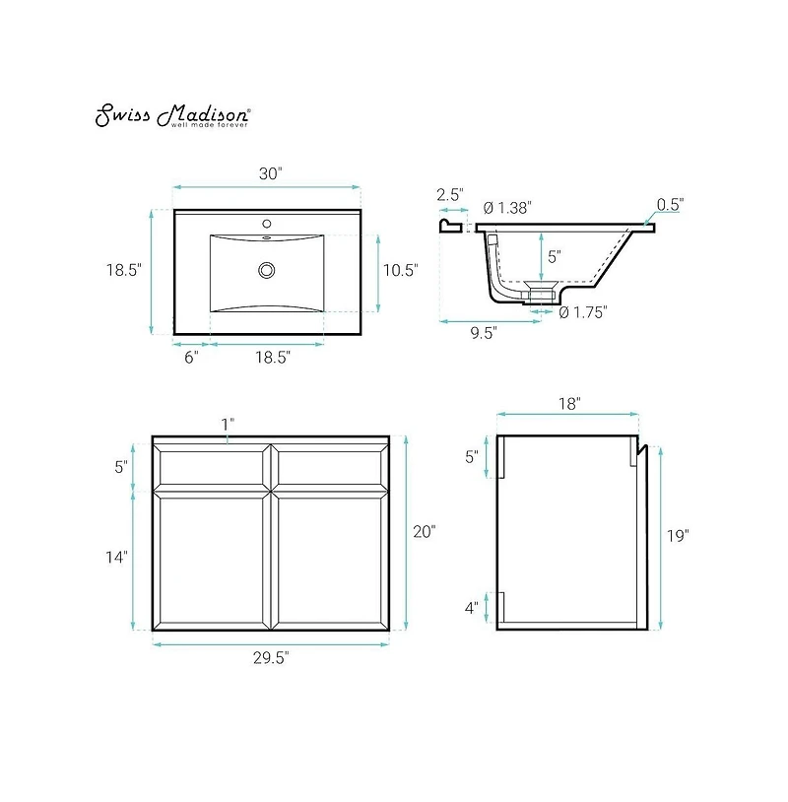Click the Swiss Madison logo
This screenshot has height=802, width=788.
coord(172,115)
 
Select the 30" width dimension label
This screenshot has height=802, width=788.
coord(270,173)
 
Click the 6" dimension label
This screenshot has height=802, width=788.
coord(191,358)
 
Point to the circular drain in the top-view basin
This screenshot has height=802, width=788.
coord(266,270)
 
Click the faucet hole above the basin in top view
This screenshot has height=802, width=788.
coord(266,224)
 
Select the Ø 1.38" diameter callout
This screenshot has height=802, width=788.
coord(507,208)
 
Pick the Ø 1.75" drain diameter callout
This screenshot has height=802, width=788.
coord(582,312)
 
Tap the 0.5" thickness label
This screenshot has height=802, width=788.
coord(670,205)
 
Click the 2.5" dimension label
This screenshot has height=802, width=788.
coord(451,195)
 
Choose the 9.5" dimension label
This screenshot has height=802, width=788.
coord(482,332)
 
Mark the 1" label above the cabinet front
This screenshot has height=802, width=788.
coord(228,424)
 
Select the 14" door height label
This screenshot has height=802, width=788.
coord(115,558)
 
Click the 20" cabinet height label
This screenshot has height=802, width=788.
coord(424,532)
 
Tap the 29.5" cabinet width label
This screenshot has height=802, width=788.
coord(270,657)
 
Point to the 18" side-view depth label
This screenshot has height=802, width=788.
coord(566,403)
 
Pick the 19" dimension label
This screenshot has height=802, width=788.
coord(678,536)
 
